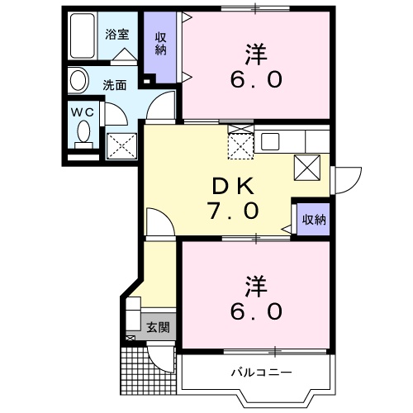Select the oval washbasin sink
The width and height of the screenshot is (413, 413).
click(x=79, y=81)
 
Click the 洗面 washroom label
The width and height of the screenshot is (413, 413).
click(x=114, y=84)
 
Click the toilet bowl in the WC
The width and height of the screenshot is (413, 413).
click(x=83, y=132)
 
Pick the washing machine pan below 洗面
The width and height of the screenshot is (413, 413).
click(x=121, y=145)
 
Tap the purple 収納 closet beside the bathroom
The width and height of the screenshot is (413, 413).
click(x=160, y=50)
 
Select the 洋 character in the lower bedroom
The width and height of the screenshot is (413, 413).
click(x=255, y=284)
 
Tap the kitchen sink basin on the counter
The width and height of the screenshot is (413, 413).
click(x=272, y=140)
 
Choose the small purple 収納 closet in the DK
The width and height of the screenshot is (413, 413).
click(x=313, y=220)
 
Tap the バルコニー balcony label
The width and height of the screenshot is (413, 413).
click(x=260, y=373)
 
